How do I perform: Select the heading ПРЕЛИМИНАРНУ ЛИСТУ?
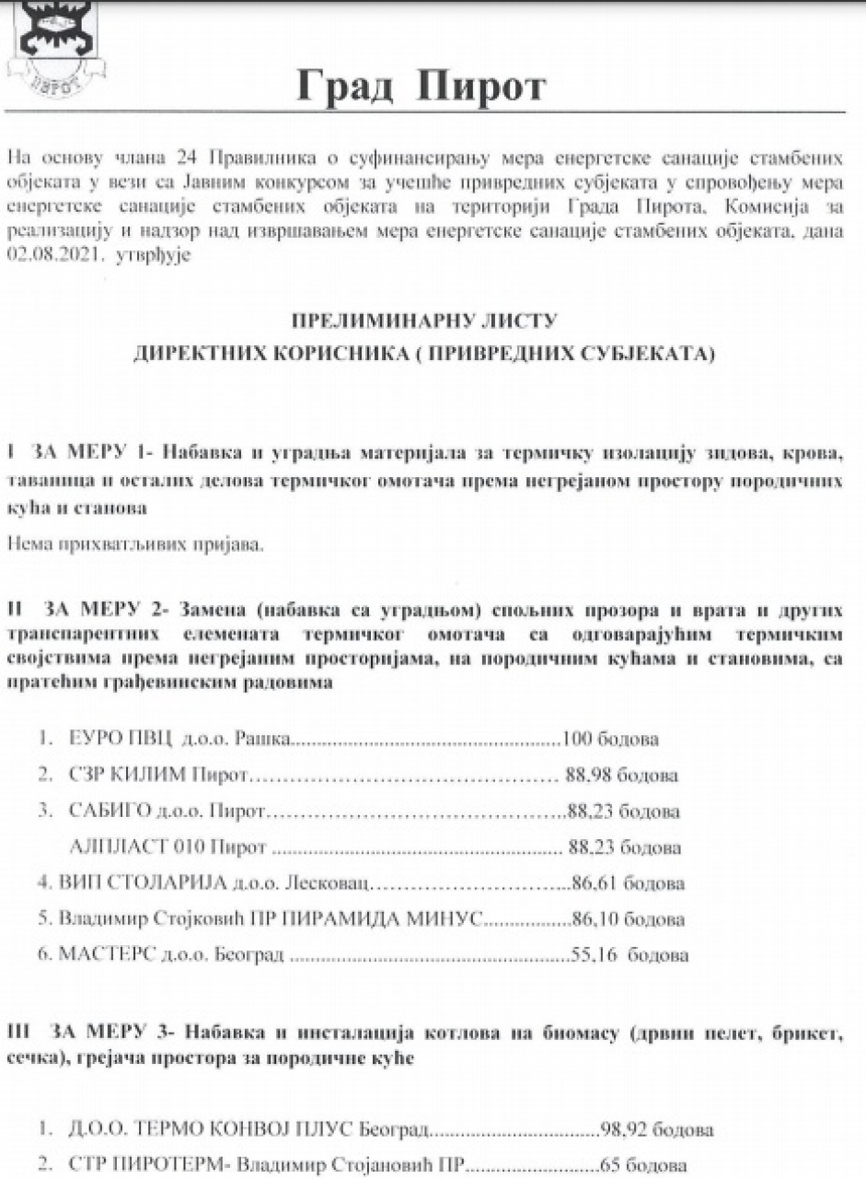point(424,321)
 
